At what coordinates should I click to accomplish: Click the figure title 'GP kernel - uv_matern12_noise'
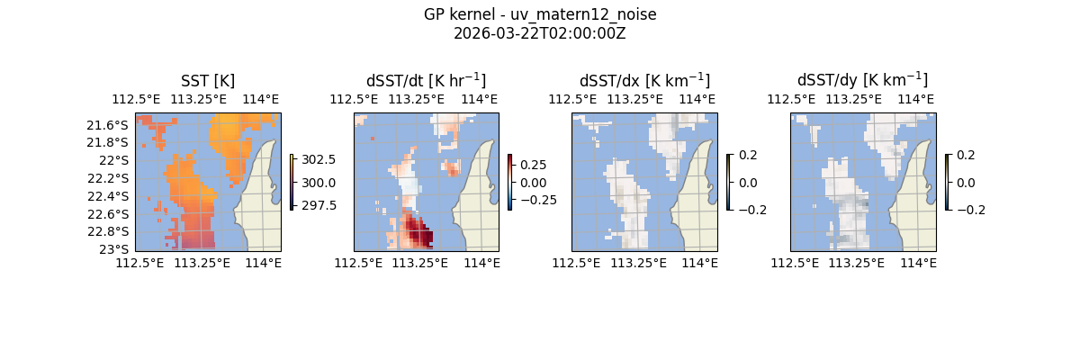click(540, 14)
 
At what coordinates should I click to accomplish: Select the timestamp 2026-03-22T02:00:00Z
click(540, 33)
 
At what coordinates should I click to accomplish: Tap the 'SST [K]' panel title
click(208, 80)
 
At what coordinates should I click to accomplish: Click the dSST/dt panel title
click(426, 80)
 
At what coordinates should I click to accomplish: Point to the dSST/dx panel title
click(644, 80)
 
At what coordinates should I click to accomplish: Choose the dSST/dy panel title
click(862, 80)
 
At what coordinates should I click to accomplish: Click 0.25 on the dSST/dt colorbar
click(533, 166)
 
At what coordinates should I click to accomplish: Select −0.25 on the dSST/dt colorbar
click(537, 200)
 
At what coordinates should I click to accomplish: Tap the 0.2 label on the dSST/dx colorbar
click(748, 155)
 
